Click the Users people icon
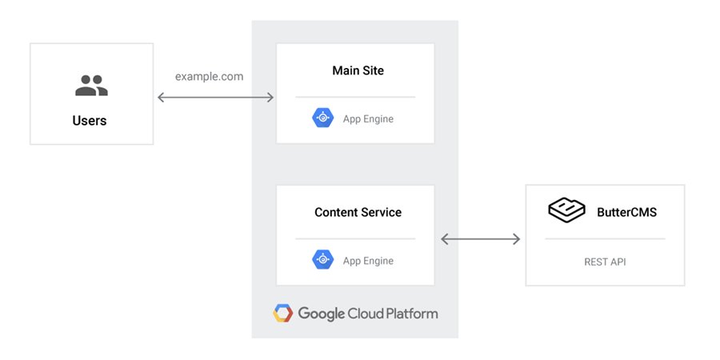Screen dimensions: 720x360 click(x=91, y=86)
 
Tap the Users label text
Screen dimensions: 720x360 click(x=90, y=121)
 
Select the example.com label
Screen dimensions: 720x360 click(x=210, y=77)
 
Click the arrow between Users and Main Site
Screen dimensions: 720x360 click(x=215, y=98)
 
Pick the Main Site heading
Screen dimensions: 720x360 click(x=358, y=70)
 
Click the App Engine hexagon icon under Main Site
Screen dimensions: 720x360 click(x=323, y=118)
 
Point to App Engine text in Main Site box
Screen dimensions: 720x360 click(x=368, y=119)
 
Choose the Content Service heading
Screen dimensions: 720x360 click(x=358, y=212)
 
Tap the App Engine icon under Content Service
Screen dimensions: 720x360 click(x=323, y=259)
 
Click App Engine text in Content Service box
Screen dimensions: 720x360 click(x=368, y=261)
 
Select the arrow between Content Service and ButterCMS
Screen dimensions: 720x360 click(x=480, y=238)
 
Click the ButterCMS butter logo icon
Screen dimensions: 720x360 click(x=566, y=210)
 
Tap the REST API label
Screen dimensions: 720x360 click(x=605, y=262)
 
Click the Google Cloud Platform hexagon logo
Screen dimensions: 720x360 click(x=283, y=313)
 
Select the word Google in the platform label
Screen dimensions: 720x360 click(x=322, y=314)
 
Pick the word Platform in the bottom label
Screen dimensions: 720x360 click(x=410, y=314)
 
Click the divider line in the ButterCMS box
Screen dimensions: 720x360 click(x=605, y=238)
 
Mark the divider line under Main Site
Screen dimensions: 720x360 click(x=355, y=97)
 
